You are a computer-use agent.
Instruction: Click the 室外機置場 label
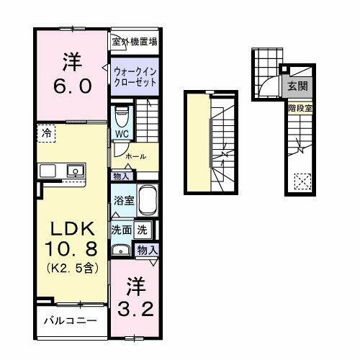coord(135,42)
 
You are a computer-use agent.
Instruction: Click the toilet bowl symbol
coord(122,115)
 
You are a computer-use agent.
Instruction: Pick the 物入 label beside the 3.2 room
coord(147,250)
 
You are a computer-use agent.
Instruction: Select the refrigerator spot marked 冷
coord(46,133)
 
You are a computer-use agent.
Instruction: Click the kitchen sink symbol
coord(73,171)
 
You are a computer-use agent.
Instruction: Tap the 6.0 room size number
coord(71,86)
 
